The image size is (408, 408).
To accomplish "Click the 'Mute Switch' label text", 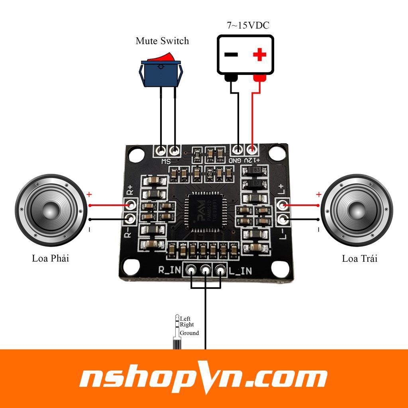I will coord(162,41).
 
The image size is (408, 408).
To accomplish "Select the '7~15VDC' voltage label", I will coord(248,25).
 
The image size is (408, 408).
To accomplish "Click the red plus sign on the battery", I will coord(259,54).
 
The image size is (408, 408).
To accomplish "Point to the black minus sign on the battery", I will coord(231,54).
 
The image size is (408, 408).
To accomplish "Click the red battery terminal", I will coord(259,78).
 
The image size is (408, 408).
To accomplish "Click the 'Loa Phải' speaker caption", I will coord(51,258).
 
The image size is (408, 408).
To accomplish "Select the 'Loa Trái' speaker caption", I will coord(359,258).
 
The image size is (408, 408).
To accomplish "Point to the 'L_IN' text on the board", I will coord(241,271).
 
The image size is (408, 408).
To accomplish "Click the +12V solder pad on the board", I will coord(251,150).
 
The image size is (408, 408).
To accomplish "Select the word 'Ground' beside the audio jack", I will coord(189,333).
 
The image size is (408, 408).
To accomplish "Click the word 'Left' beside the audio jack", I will coord(185,319).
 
